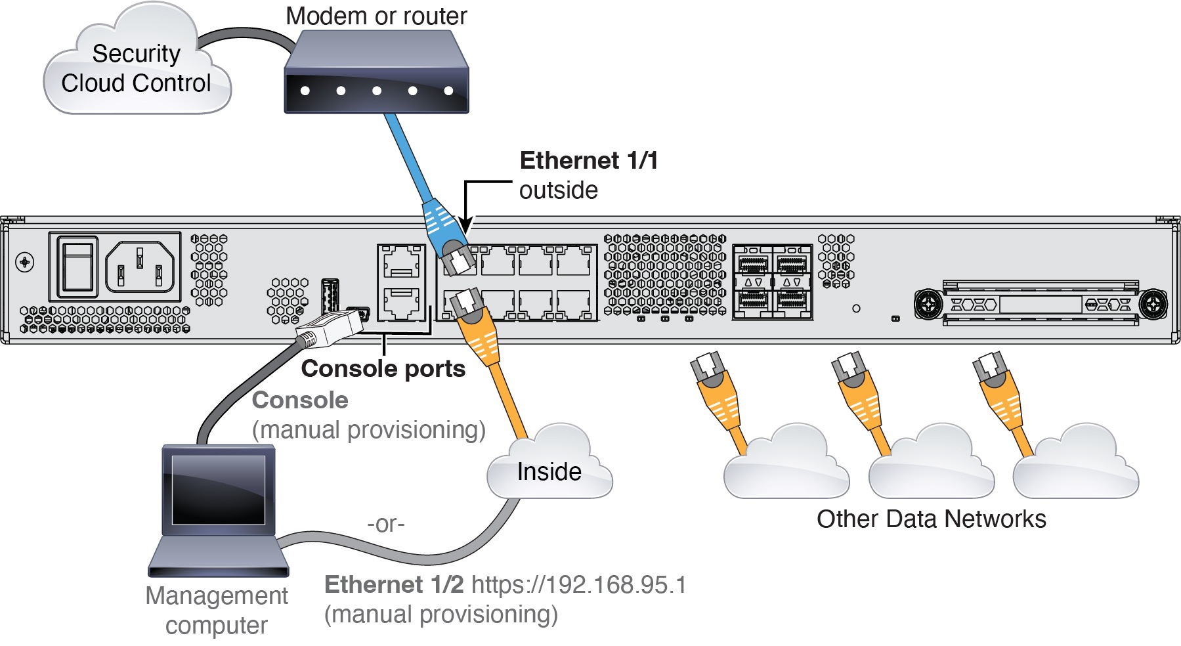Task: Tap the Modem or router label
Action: pos(376,16)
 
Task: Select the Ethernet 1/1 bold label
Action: pos(588,161)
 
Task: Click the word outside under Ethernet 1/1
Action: pos(558,190)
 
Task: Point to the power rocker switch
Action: pos(77,266)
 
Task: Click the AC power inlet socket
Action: pos(140,266)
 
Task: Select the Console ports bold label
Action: pos(383,369)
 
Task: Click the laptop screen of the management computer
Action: pos(218,489)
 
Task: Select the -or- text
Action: pos(386,524)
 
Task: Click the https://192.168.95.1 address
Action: pos(578,584)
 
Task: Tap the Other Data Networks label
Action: pos(931,519)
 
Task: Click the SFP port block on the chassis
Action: pos(772,282)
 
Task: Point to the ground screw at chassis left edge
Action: pos(25,263)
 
